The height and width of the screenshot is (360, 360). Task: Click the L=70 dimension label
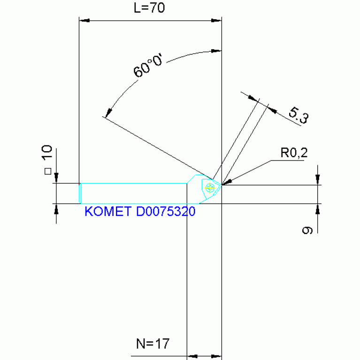point(149,8)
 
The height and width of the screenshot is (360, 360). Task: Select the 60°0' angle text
point(147,68)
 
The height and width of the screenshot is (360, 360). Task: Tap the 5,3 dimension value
point(298,115)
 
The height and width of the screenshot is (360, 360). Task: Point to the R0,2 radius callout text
point(294,152)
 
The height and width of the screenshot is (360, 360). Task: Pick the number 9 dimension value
point(307,230)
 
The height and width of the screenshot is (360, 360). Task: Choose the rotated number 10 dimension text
point(46,154)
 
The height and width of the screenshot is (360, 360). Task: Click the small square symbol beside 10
point(47,172)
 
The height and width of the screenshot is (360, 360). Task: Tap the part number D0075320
point(165,212)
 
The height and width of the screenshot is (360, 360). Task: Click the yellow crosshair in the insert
point(209,188)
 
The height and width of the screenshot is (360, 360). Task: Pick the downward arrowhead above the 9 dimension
point(318,180)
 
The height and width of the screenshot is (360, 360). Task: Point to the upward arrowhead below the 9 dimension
point(318,208)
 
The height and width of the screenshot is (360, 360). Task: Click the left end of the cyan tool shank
point(80,193)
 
